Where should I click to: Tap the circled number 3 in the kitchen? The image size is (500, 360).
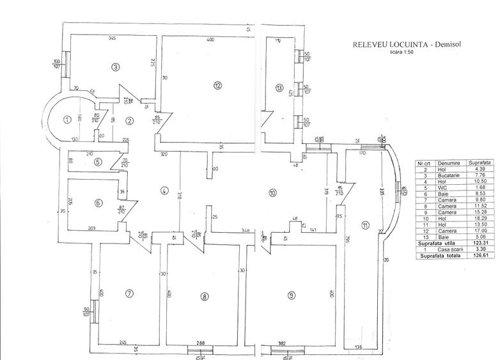[x=115, y=67]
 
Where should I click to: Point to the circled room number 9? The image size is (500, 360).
[x=291, y=277]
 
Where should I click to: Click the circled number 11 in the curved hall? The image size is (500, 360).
[x=365, y=224]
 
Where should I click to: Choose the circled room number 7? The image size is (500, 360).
[x=129, y=276]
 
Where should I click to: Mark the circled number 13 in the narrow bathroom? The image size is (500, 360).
[x=279, y=88]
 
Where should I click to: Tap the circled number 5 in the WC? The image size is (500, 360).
[x=97, y=162]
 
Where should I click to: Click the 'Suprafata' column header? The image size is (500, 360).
[x=478, y=163]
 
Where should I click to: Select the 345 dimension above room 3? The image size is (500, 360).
[x=112, y=40]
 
